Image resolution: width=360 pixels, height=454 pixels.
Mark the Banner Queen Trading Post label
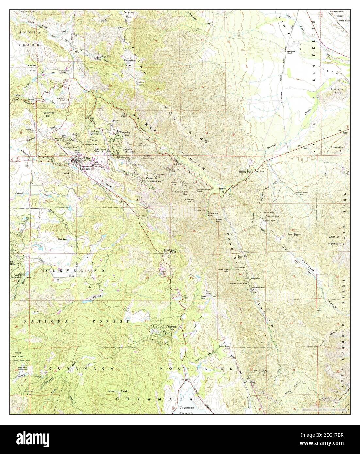[x=247, y=171]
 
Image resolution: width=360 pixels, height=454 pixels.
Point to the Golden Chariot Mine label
[x=239, y=283]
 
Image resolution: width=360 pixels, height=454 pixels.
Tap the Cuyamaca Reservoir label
[x=188, y=411]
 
